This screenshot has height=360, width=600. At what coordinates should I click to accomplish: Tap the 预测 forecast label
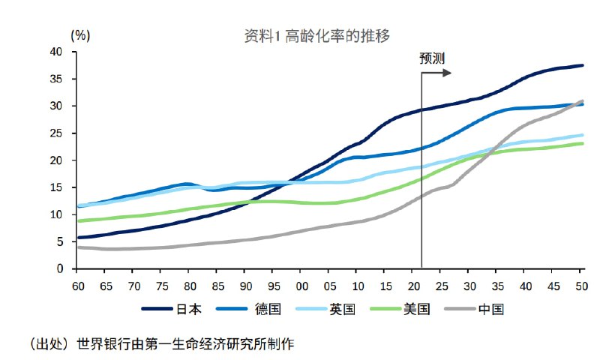click(x=433, y=58)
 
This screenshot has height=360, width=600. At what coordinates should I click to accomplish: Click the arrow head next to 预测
click(x=448, y=73)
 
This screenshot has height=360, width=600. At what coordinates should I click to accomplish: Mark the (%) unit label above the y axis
click(x=80, y=34)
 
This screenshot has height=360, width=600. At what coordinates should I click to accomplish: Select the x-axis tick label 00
click(x=302, y=286)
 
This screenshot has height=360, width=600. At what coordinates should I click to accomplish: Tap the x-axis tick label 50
click(x=580, y=286)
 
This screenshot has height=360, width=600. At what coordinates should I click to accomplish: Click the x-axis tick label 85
click(x=217, y=286)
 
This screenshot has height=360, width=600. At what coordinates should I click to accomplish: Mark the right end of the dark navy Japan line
click(x=583, y=65)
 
